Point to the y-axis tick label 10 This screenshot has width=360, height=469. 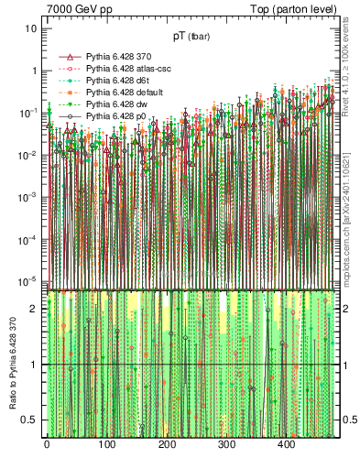point(30,28)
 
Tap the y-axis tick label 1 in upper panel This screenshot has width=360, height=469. point(33,71)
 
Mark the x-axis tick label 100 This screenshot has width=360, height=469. point(106,444)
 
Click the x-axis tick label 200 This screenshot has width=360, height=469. point(167,444)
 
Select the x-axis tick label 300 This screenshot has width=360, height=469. point(226,444)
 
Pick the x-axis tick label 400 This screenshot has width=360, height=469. point(287,444)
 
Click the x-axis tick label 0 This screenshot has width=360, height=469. point(47,444)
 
